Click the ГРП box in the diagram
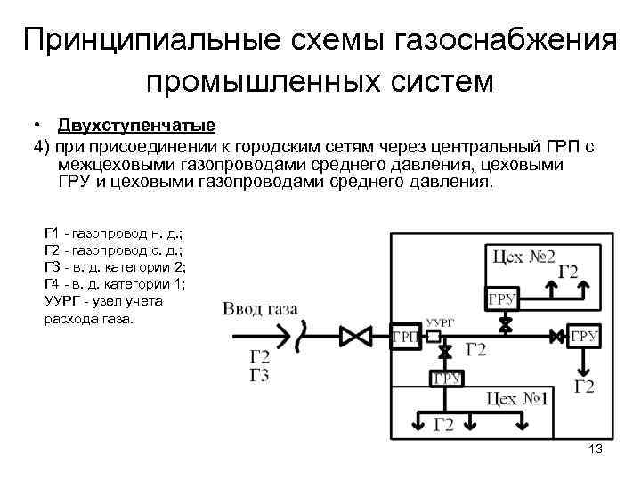pos(406,336)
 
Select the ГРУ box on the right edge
pos(585,336)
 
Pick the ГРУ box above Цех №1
pos(446,378)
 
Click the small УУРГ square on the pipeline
pos(434,336)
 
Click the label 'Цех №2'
pos(524,257)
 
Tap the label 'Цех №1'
pos(517,400)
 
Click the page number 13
pos(596,451)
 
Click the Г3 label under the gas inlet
pos(259,374)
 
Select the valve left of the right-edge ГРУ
pos(557,336)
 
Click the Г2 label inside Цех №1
pos(443,425)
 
